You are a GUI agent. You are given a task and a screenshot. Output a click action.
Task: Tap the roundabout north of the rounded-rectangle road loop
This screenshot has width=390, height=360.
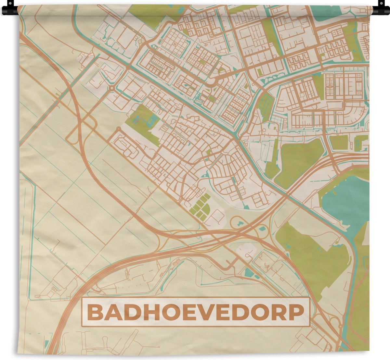111,88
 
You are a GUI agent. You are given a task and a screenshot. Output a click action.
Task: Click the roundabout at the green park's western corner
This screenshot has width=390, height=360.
118,129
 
